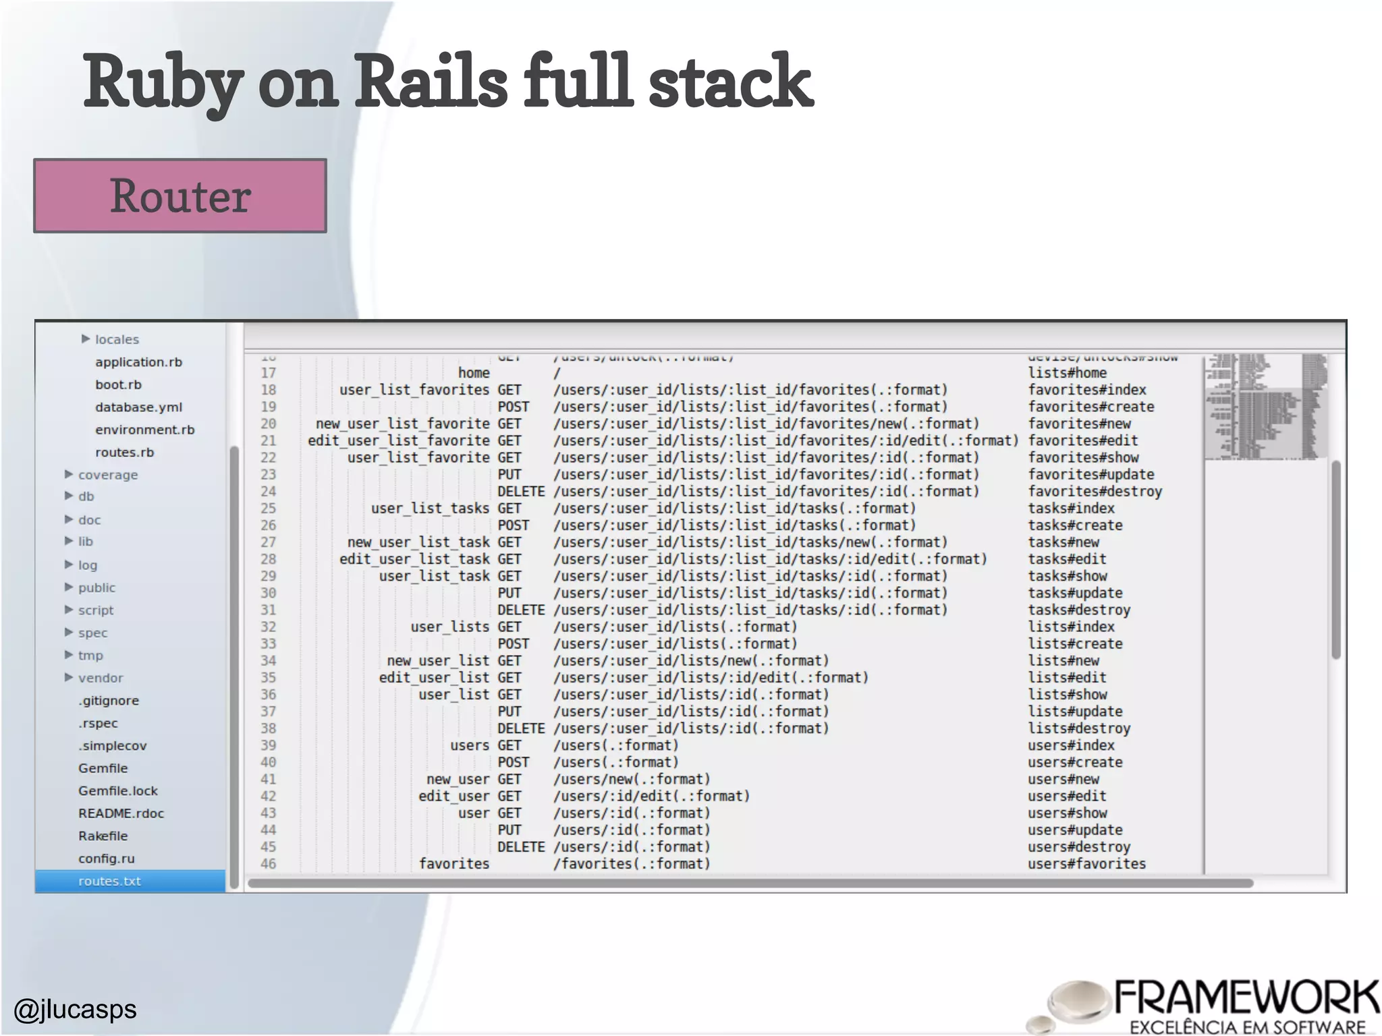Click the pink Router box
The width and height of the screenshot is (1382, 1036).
coord(180,196)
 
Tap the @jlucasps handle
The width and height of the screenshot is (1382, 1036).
coord(75,1009)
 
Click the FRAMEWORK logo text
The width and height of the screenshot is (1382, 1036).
coord(1246,999)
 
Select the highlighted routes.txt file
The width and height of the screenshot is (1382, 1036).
coord(109,881)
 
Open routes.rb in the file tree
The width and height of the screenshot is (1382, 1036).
coord(124,452)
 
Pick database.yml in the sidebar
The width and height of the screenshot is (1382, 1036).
coord(138,407)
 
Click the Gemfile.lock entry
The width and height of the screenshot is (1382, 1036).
coord(117,790)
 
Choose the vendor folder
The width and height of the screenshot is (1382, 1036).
coord(101,678)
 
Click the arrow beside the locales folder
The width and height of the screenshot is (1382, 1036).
coord(86,339)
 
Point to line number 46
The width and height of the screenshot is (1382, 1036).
coord(269,863)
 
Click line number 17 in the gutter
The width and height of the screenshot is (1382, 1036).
coord(269,373)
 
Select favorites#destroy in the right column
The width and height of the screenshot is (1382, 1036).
coord(1095,491)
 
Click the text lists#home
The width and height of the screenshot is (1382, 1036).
coord(1067,373)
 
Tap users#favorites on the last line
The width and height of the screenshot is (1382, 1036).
coord(1086,863)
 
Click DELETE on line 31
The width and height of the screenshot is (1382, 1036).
coord(521,610)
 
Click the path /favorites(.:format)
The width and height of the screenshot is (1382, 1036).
coord(632,863)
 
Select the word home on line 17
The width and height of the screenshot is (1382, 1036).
coord(474,373)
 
